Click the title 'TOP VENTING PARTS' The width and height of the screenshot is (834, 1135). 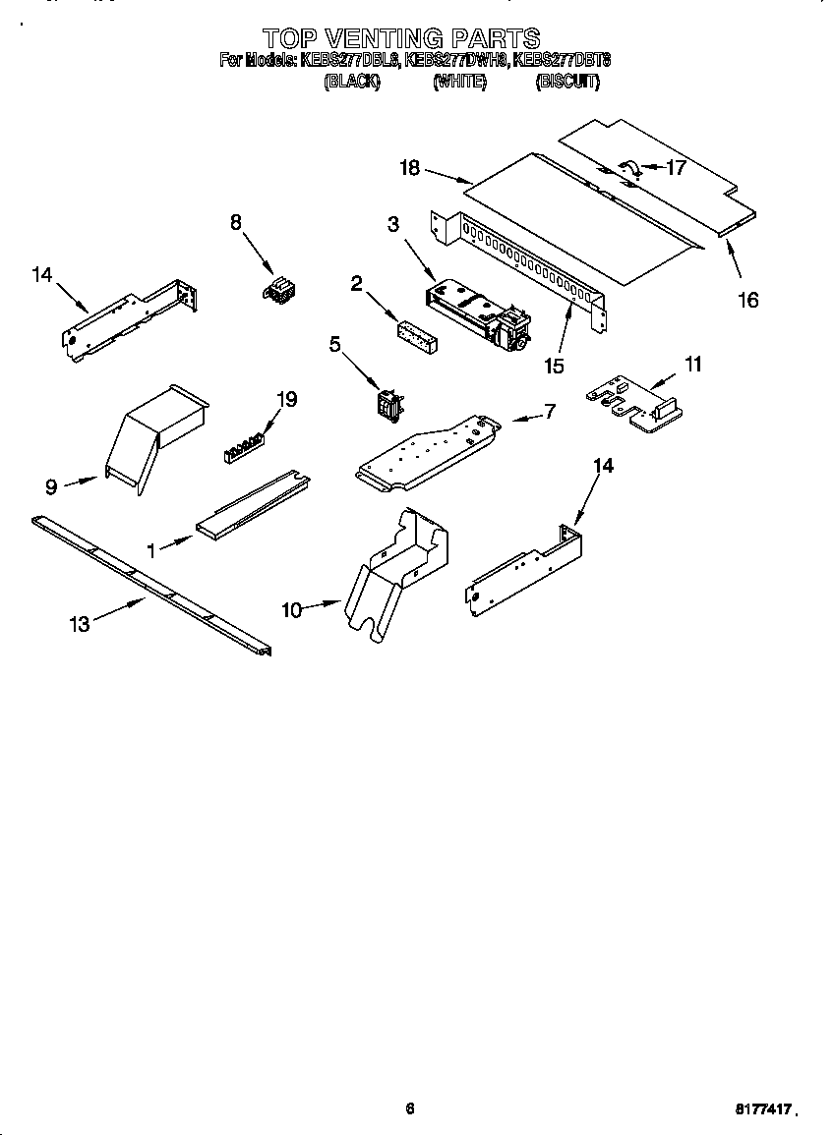401,38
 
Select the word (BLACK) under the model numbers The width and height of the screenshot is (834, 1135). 351,83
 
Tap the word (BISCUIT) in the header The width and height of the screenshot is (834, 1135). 566,83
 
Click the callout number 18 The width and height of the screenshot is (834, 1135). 409,168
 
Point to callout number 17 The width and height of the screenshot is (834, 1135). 676,167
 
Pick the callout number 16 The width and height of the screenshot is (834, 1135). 748,301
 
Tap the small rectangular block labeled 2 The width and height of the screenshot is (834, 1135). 417,334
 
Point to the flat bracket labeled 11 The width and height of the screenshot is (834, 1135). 635,406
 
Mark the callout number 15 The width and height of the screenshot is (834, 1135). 554,366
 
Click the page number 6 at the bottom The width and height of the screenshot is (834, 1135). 410,1108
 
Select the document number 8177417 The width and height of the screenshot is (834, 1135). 763,1108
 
